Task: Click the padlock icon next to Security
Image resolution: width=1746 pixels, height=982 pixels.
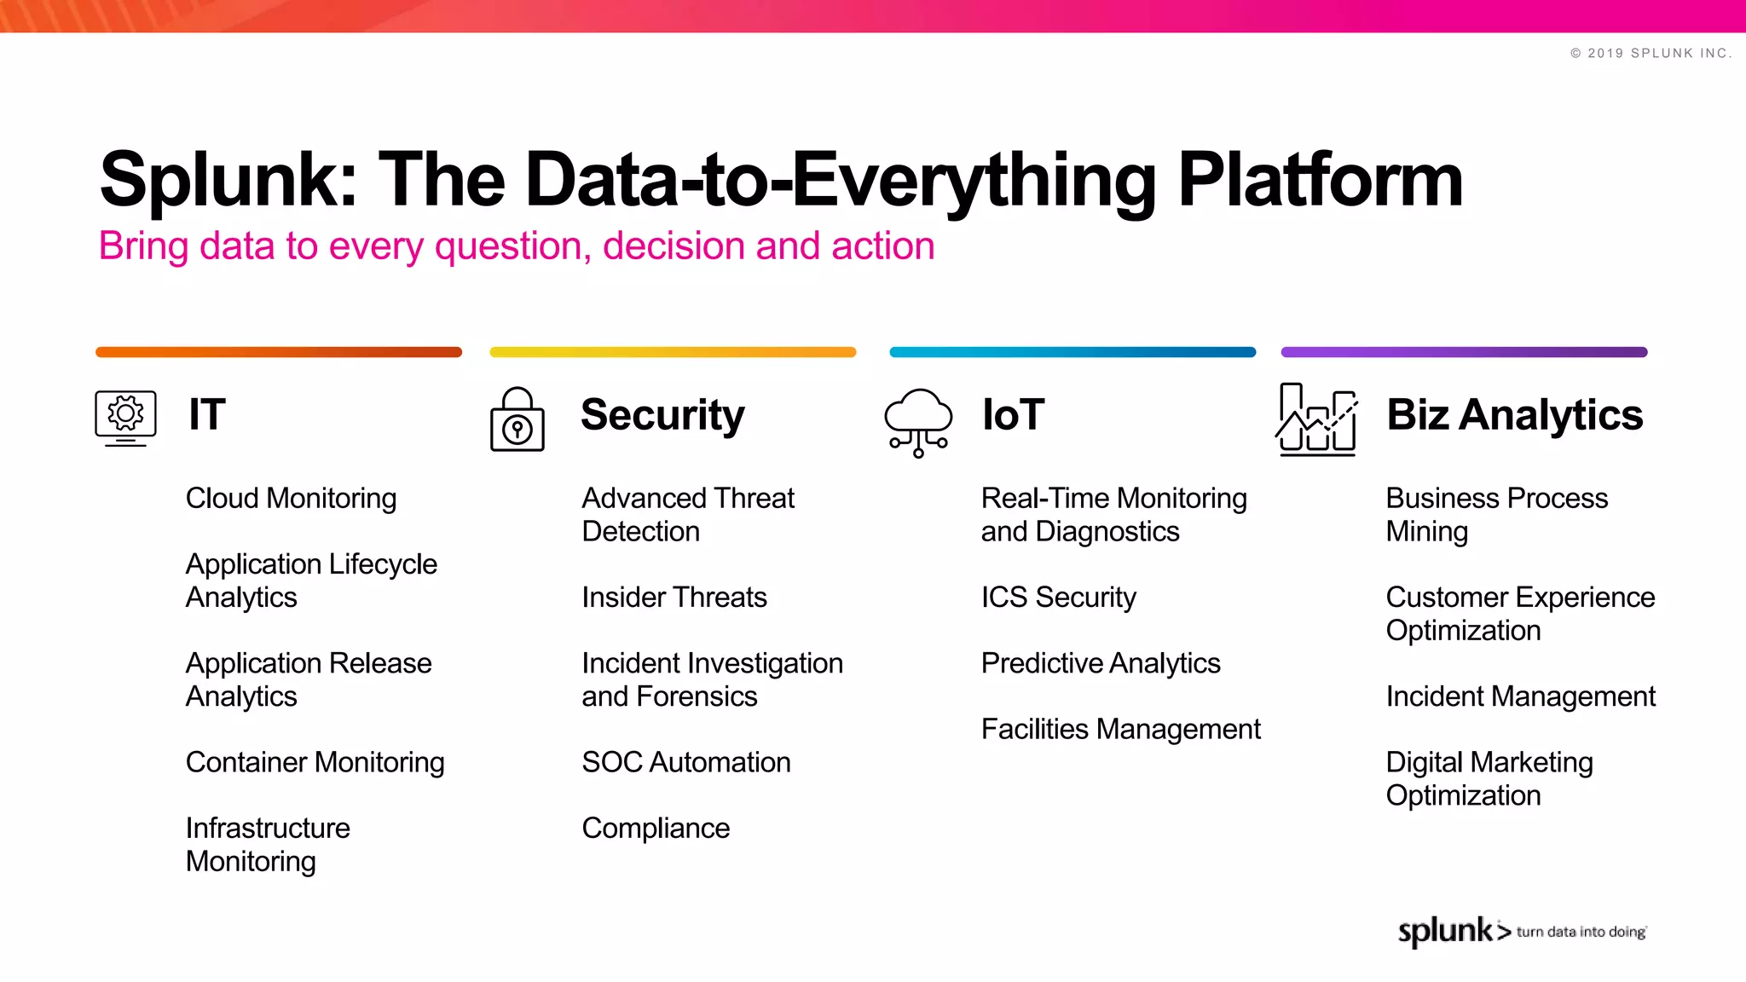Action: (517, 419)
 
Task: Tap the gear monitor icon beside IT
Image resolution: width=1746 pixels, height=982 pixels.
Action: (125, 418)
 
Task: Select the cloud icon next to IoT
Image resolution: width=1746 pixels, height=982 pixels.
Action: (918, 421)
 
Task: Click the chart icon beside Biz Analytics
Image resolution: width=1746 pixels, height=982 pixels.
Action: (1317, 419)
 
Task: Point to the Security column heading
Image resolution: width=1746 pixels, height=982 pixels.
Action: (662, 415)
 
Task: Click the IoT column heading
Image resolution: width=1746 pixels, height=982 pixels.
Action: (1013, 415)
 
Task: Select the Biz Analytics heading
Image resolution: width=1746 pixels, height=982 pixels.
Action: (1514, 415)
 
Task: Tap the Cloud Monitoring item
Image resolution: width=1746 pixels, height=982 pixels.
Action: (291, 499)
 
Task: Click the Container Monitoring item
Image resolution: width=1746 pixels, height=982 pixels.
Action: (315, 762)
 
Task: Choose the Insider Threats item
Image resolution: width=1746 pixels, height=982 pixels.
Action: (674, 597)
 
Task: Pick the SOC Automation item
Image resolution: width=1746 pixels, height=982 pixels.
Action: (685, 762)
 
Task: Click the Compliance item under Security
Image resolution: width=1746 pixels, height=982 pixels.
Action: (656, 829)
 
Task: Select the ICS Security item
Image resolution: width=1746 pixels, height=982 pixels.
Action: (1058, 597)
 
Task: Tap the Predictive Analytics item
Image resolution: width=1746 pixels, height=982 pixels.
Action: (1100, 663)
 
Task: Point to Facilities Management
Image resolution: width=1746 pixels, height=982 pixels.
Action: (1120, 730)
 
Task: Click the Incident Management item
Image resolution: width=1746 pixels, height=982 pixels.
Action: (1520, 696)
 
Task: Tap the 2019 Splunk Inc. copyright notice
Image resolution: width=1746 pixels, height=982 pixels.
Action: (1651, 53)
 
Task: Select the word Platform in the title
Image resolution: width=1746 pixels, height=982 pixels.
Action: (1320, 180)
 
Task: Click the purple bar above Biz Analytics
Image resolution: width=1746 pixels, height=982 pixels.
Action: (1464, 352)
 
